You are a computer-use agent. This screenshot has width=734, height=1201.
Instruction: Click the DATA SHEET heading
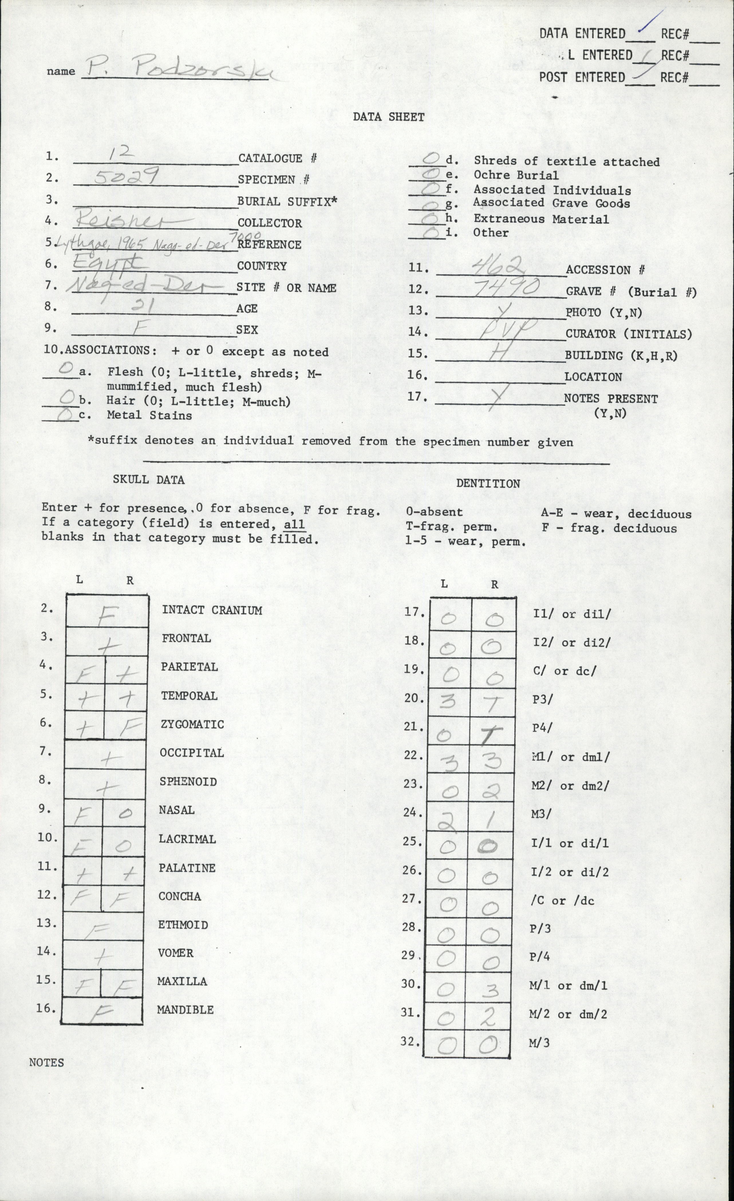pyautogui.click(x=388, y=117)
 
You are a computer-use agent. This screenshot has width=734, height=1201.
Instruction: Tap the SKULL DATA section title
pyautogui.click(x=149, y=480)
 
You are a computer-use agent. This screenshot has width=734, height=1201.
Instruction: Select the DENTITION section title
pyautogui.click(x=488, y=483)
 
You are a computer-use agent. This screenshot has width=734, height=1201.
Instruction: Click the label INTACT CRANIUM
pyautogui.click(x=212, y=610)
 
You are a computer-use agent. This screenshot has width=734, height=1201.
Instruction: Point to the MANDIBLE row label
pyautogui.click(x=185, y=1009)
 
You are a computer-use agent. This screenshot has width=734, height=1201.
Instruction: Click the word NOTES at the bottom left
pyautogui.click(x=46, y=1063)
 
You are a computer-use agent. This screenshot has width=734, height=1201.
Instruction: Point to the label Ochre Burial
pyautogui.click(x=516, y=175)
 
